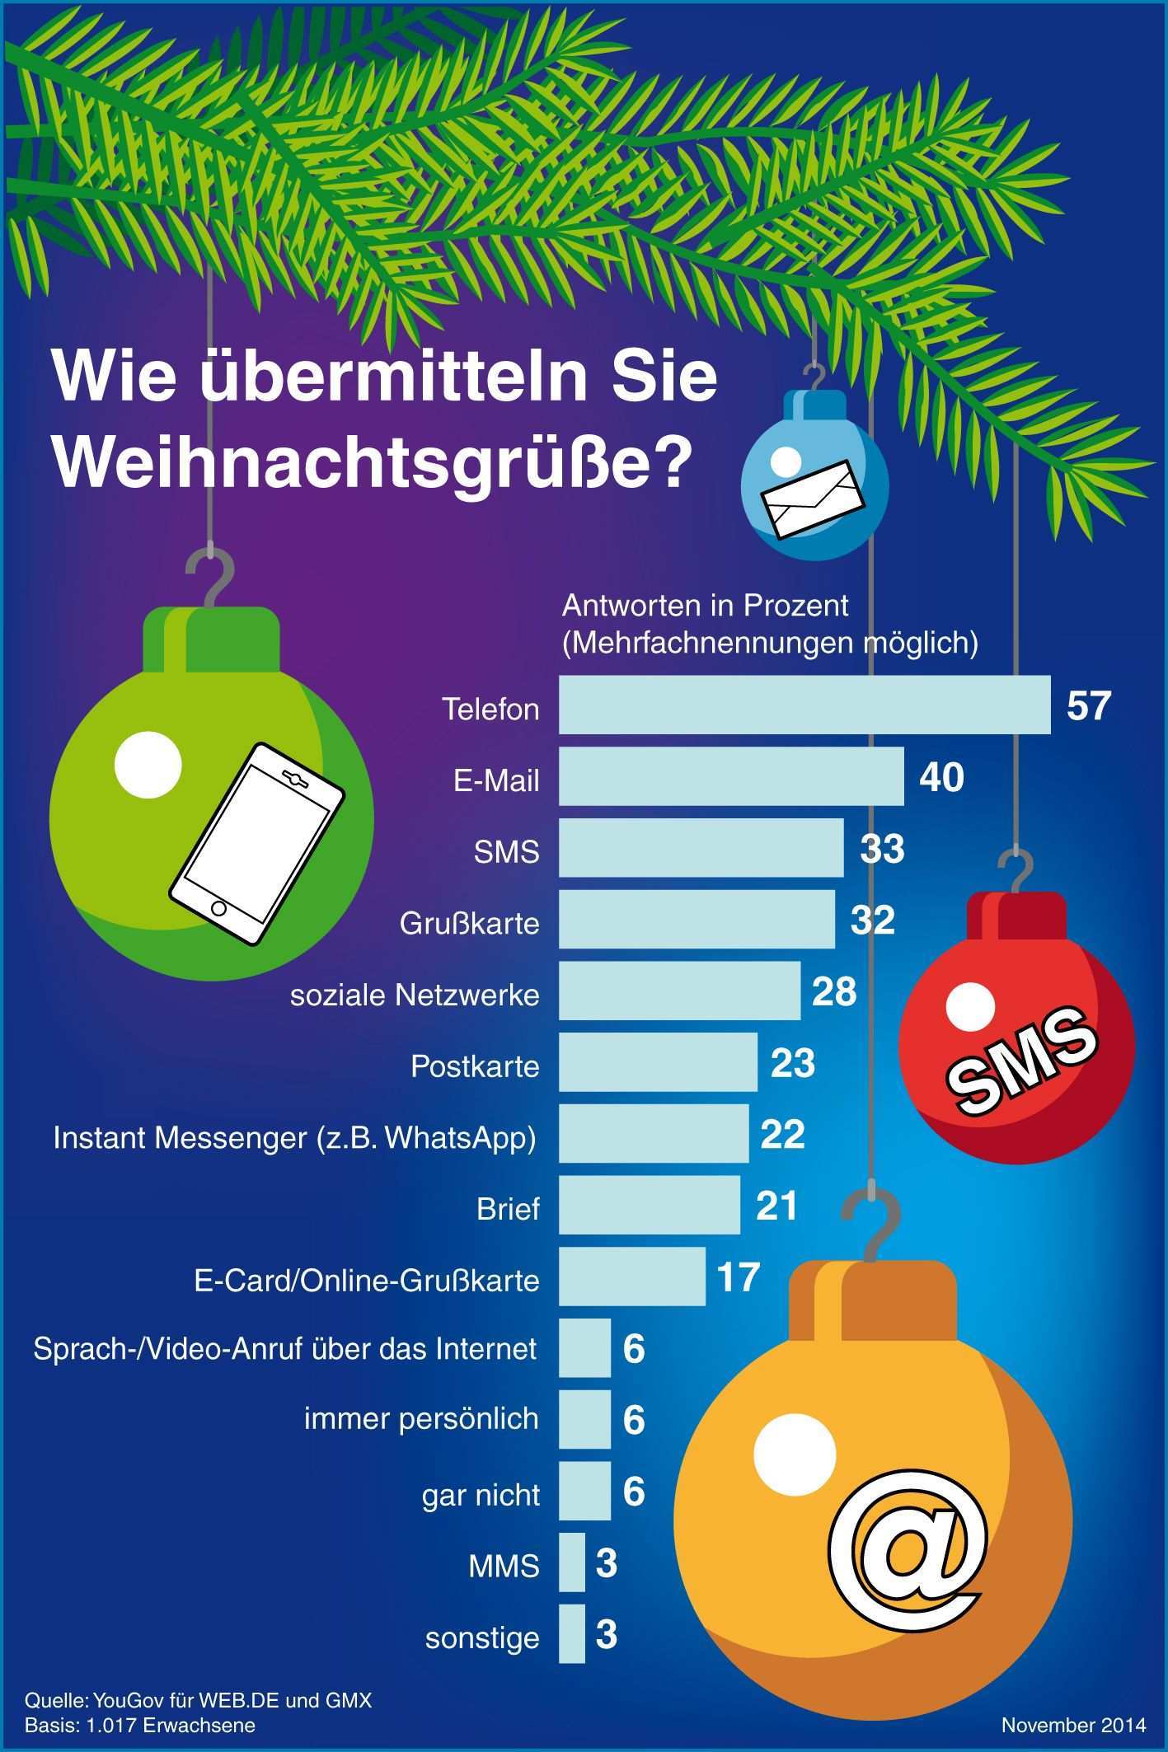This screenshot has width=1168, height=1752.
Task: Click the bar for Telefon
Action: click(x=804, y=705)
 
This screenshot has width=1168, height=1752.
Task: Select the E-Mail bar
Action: click(x=731, y=776)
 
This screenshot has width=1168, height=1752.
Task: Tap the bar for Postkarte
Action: click(x=658, y=1062)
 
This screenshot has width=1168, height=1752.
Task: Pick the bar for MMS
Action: click(x=572, y=1562)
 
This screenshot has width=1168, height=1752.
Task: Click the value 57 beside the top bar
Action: click(x=1088, y=705)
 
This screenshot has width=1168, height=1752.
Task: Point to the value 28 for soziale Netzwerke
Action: click(x=834, y=991)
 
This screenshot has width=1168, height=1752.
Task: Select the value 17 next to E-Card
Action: click(x=738, y=1277)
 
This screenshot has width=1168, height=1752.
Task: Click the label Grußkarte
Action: click(x=469, y=923)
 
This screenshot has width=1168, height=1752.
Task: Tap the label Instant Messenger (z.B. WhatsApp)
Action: click(x=294, y=1137)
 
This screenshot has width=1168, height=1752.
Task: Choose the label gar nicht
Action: click(x=481, y=1494)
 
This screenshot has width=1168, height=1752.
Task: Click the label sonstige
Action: click(x=482, y=1637)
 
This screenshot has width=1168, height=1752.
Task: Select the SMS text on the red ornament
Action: click(x=1022, y=1057)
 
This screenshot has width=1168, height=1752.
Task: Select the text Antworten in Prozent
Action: click(x=705, y=606)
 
